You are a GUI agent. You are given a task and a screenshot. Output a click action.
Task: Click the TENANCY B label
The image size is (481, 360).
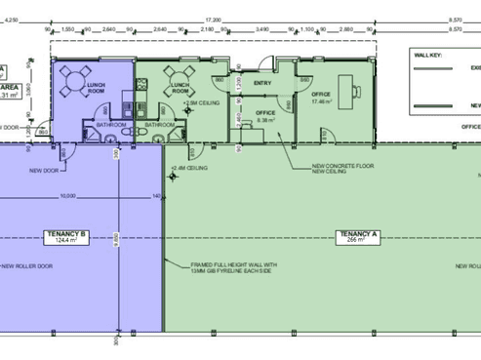coord(66,233)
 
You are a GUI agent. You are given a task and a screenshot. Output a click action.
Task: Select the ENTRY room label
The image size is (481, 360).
coord(261,83)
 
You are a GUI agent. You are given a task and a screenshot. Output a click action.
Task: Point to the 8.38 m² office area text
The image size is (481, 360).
coord(265,121)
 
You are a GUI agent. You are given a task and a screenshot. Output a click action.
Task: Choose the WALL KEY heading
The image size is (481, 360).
coord(430,56)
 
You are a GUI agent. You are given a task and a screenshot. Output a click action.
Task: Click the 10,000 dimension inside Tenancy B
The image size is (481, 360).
coord(67,195)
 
